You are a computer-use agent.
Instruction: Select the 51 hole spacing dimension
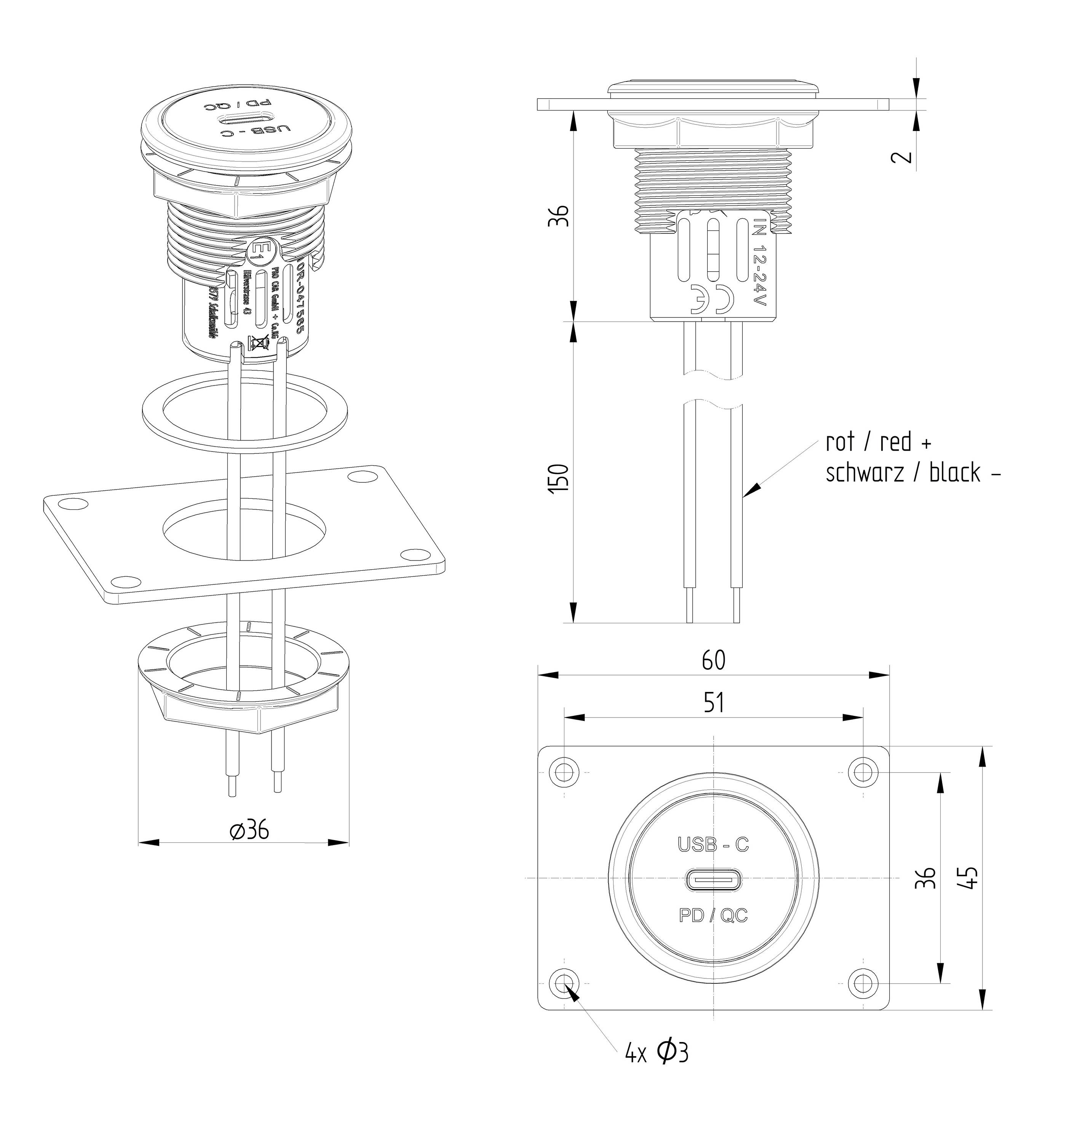(x=713, y=703)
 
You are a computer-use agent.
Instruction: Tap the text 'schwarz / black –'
(x=912, y=472)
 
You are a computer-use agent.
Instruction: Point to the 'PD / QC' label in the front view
(x=713, y=915)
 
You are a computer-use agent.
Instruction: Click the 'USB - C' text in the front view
(x=713, y=844)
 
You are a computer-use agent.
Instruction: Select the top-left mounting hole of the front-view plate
(x=564, y=770)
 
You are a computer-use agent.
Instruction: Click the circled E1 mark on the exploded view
(x=260, y=251)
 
